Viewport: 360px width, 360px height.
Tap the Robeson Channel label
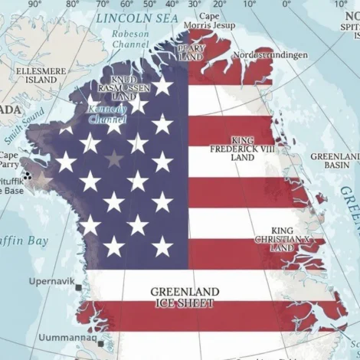131,39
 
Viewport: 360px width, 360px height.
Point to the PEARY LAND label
189,52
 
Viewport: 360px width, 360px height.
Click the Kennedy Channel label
106,114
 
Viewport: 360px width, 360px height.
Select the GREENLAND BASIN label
335,161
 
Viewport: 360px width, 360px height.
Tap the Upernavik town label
51,281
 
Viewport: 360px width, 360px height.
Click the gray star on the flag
114,159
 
